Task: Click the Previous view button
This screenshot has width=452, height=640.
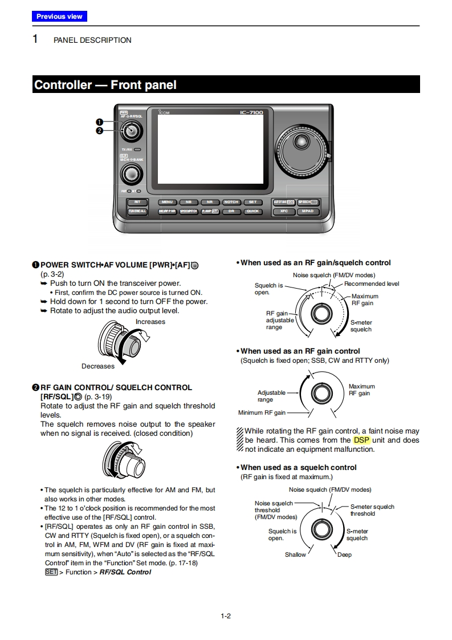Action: tap(59, 17)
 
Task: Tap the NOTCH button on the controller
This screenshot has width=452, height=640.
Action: tap(231, 202)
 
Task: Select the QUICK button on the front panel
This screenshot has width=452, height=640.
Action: tap(253, 211)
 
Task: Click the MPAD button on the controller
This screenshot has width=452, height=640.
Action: tap(308, 211)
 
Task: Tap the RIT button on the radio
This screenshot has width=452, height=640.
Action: tap(137, 202)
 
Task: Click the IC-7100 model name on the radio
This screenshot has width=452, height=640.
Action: tap(251, 112)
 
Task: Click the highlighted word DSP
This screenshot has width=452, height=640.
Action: tap(361, 440)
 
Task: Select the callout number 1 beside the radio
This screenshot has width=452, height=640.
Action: tap(99, 121)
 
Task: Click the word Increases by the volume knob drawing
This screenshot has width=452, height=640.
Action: tap(150, 322)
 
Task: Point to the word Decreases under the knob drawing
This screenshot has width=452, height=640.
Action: tap(98, 366)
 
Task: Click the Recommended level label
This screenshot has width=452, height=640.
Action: tap(372, 283)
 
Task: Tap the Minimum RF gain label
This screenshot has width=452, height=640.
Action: tap(262, 412)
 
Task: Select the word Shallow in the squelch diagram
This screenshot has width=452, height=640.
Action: tap(295, 554)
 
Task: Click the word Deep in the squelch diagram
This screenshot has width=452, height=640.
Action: tap(344, 554)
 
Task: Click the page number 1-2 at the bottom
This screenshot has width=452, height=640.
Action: tap(226, 615)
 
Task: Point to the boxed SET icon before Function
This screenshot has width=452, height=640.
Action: tap(51, 572)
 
